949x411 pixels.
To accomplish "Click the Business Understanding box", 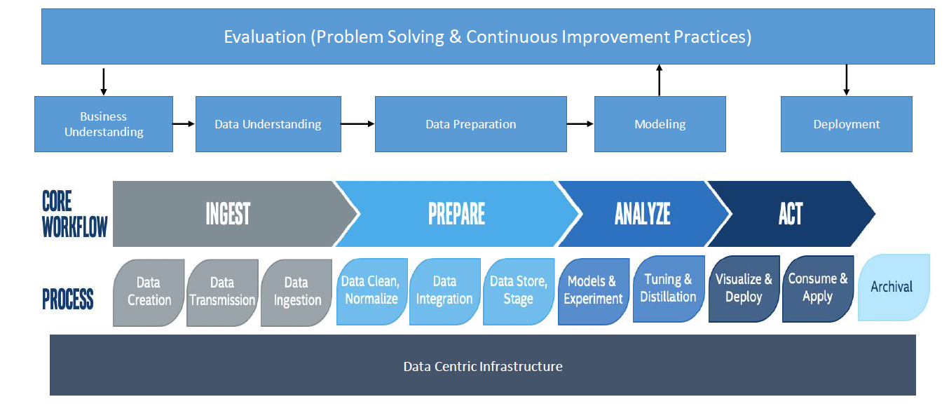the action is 104,124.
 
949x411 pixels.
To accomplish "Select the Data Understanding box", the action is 268,124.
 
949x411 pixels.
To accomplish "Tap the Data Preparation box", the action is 471,124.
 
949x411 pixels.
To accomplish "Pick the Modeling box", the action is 660,124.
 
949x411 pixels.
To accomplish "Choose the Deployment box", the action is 847,124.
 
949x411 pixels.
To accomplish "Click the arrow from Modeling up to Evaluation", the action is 660,80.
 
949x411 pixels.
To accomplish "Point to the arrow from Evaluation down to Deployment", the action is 847,80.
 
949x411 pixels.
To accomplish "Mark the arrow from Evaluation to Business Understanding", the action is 103,82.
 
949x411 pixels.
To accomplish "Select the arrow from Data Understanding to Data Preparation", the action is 358,124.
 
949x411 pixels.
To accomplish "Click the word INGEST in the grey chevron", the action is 228,214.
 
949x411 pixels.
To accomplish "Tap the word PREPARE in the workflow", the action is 457,214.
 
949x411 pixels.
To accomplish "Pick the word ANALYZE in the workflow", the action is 643,214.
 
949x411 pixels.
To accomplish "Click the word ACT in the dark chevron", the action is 791,214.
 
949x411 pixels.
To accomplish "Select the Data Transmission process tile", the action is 222,292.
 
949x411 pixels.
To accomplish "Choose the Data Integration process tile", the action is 445,292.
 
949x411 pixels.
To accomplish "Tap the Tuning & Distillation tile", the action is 669,289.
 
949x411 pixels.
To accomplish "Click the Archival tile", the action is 894,287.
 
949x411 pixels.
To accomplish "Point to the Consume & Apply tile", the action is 818,289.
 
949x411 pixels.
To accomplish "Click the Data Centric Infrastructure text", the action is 483,367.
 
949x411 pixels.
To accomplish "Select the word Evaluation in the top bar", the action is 265,37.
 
